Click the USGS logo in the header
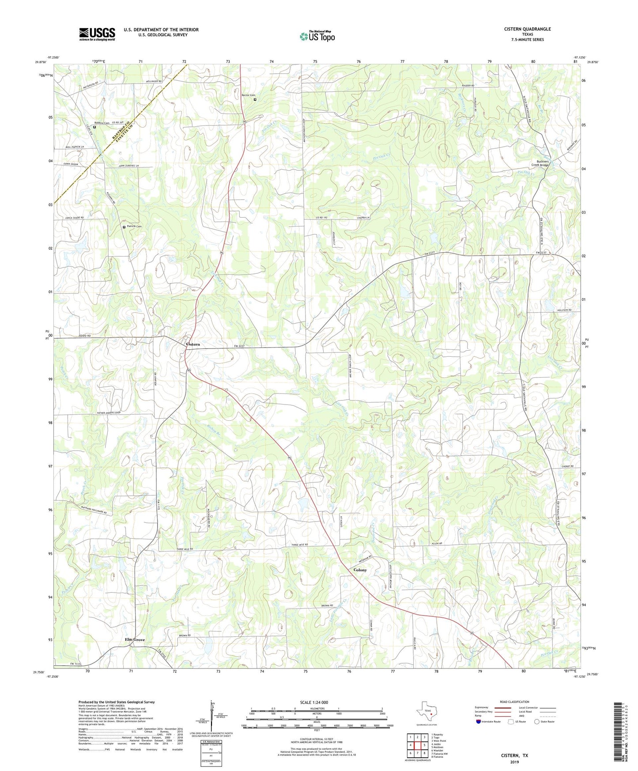click(x=97, y=34)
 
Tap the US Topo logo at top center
click(x=317, y=36)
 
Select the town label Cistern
click(x=193, y=344)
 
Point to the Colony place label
click(x=360, y=570)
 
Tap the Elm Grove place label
click(x=135, y=640)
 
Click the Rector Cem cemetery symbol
click(x=255, y=100)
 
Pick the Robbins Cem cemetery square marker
click(x=94, y=127)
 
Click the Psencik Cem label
click(x=134, y=227)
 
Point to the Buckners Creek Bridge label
click(x=542, y=163)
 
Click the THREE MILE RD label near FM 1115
click(x=185, y=549)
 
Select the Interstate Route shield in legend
click(x=479, y=722)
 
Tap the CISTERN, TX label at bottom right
click(x=514, y=756)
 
